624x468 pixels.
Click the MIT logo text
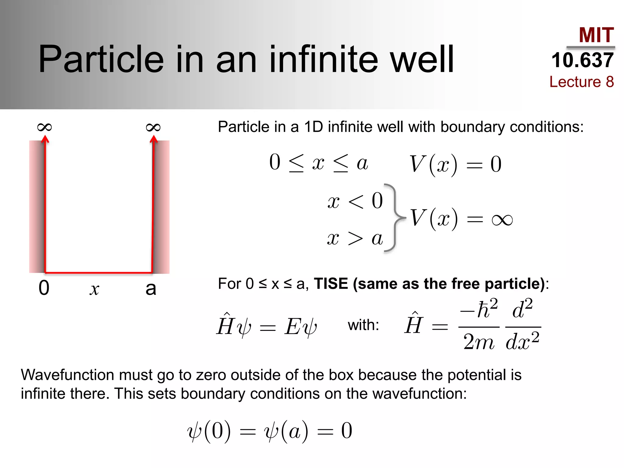click(x=596, y=35)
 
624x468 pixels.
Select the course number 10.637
click(x=582, y=60)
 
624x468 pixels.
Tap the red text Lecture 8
click(x=581, y=82)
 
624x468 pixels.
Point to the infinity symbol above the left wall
click(x=44, y=127)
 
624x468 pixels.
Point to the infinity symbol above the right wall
click(x=153, y=127)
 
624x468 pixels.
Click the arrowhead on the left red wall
click(x=45, y=139)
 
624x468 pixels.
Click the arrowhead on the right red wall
click(x=154, y=139)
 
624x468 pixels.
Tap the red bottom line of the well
click(x=98, y=272)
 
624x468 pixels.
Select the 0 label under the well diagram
click(x=44, y=288)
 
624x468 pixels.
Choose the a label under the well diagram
click(x=151, y=289)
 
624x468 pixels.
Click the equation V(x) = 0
click(x=455, y=165)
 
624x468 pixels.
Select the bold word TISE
click(x=331, y=284)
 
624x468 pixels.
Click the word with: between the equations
click(x=363, y=325)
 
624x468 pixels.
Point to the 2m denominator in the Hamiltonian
click(x=478, y=342)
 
